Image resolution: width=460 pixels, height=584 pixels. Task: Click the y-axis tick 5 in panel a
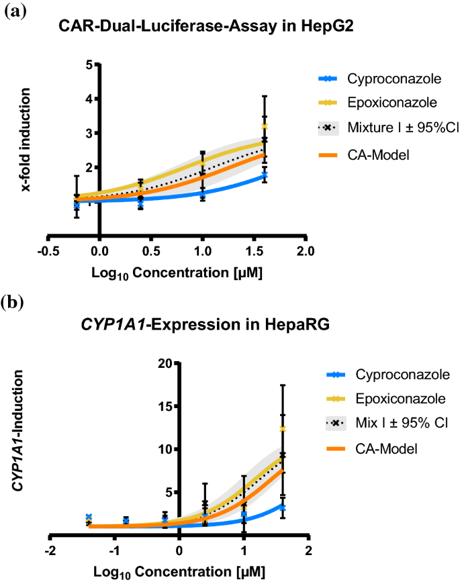pos(89,65)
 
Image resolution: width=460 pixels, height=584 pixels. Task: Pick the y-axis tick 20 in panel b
pos(165,363)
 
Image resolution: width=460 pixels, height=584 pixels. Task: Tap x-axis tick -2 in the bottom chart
pos(50,550)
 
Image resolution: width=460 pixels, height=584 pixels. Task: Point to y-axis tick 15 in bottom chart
pos(165,406)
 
